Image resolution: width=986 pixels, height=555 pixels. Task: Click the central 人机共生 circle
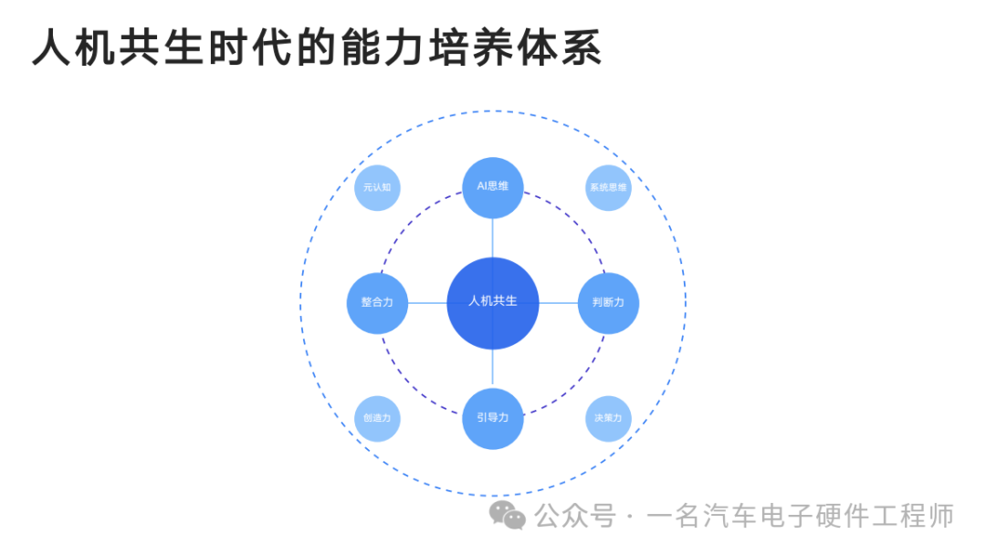tap(492, 303)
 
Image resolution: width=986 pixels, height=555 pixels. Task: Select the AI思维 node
tap(492, 187)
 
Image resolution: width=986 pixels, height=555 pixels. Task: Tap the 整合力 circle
tap(377, 303)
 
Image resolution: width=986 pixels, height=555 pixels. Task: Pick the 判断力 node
tap(608, 303)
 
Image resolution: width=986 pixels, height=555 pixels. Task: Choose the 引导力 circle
tap(492, 419)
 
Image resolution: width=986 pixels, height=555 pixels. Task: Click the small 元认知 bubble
tap(377, 187)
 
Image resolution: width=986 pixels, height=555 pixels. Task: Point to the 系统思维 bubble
tap(608, 187)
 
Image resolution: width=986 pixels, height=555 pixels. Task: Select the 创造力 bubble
tap(377, 419)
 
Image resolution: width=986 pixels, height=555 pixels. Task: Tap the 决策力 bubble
tap(608, 419)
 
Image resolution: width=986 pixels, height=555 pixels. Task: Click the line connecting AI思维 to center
tap(492, 237)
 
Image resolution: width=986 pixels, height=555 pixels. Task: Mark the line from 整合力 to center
tap(427, 303)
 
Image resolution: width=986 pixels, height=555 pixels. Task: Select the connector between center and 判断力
tap(558, 303)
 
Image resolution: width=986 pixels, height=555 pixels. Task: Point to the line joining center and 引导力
tap(492, 368)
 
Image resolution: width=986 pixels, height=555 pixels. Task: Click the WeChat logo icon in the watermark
tap(507, 515)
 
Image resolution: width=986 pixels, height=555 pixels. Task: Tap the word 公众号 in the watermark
tap(575, 516)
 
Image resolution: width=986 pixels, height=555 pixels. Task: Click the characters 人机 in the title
tap(74, 47)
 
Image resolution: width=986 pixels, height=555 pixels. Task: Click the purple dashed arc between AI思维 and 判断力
tap(574, 221)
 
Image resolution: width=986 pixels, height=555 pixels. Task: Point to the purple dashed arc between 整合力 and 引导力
tap(411, 384)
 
